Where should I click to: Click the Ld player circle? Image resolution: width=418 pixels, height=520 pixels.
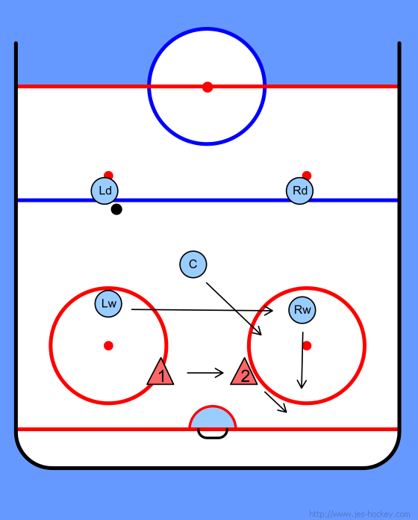[x=104, y=191]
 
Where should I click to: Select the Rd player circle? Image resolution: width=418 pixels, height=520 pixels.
[x=300, y=191]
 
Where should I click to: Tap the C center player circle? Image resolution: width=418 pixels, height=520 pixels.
[x=193, y=264]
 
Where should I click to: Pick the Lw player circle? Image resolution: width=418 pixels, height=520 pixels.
[x=108, y=303]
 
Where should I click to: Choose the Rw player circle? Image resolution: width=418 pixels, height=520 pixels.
[x=302, y=310]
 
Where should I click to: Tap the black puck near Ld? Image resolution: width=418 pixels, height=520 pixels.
[x=116, y=209]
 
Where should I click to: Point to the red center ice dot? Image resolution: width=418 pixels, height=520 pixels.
[x=208, y=87]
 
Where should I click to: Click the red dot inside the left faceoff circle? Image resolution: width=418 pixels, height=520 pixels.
[x=108, y=346]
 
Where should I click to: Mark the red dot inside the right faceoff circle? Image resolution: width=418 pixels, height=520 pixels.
[x=307, y=346]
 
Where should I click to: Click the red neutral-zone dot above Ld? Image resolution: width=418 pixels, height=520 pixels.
[x=108, y=175]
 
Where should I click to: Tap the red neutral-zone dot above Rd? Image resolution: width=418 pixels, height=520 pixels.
[x=307, y=175]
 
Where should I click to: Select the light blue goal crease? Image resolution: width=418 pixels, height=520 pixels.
[x=213, y=418]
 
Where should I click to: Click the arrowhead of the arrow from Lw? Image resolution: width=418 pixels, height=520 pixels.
[x=269, y=310]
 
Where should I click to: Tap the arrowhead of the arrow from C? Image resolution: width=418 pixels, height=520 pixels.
[x=258, y=331]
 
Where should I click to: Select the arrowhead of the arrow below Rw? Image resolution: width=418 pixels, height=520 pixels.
[x=302, y=384]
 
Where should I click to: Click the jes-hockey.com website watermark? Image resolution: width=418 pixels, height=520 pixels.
[x=359, y=514]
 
